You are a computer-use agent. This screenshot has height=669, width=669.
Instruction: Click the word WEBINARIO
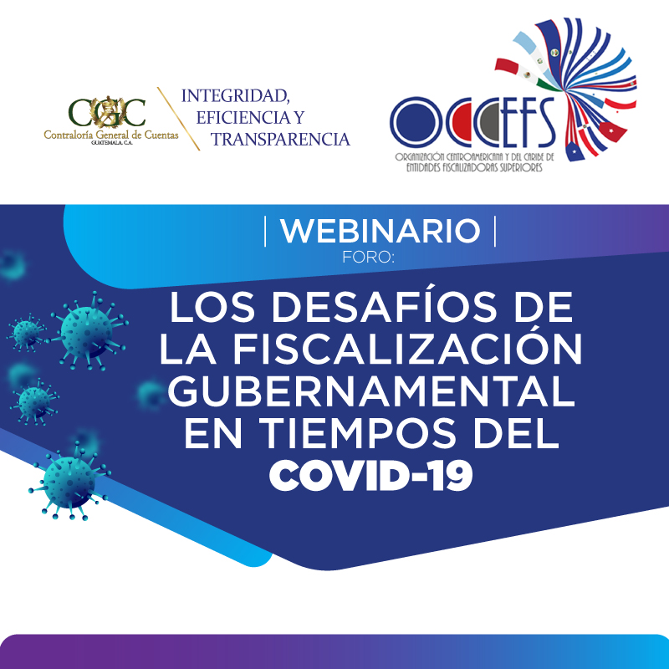point(380,231)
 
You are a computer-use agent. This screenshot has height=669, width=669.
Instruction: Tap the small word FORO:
point(368,258)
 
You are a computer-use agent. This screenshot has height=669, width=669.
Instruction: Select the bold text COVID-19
point(370,476)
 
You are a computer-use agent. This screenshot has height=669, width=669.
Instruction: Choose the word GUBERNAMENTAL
point(371,391)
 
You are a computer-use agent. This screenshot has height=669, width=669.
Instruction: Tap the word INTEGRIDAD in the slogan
point(236,95)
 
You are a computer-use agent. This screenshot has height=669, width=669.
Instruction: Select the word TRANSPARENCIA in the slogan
point(280,140)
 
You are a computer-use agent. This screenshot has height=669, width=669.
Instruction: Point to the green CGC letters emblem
point(107,113)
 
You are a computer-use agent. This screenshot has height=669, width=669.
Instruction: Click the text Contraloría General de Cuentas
point(111,135)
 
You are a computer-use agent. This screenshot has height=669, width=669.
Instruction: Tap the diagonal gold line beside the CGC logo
point(178,119)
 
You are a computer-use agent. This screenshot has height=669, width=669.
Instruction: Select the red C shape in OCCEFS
point(460,122)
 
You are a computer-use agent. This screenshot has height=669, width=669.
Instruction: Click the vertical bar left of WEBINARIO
point(265,232)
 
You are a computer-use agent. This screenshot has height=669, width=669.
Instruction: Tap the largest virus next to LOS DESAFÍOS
point(89,330)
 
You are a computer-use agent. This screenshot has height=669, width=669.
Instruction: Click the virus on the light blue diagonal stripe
point(69,483)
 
